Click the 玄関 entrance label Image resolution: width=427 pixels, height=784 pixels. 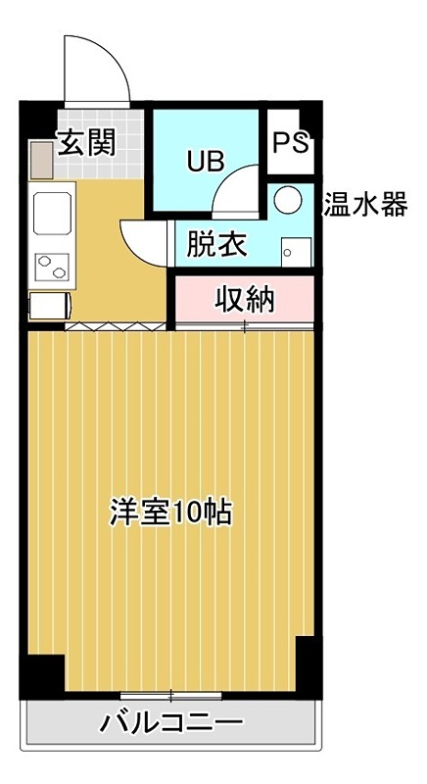point(86,143)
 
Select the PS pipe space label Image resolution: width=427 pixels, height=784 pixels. point(290,143)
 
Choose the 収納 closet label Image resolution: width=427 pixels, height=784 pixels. point(244,298)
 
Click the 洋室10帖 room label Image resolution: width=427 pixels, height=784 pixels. point(170,512)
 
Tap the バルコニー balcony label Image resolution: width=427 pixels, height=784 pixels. point(170,725)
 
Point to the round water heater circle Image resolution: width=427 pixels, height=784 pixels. point(288,200)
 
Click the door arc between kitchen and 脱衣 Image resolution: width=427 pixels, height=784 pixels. point(144,241)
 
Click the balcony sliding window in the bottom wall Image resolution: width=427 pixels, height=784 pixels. point(170,696)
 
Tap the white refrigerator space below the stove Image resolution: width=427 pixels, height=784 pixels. point(49,307)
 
